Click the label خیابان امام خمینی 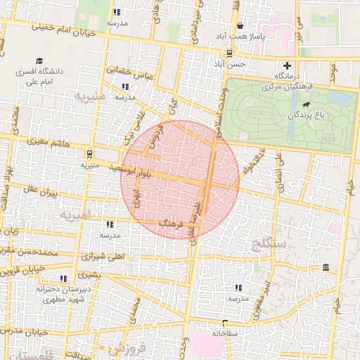point(67,28)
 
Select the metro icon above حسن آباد point(230,53)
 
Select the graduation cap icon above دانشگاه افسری point(39,61)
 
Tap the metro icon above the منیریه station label point(89,153)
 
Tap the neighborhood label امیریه point(75,213)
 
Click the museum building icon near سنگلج point(326,267)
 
